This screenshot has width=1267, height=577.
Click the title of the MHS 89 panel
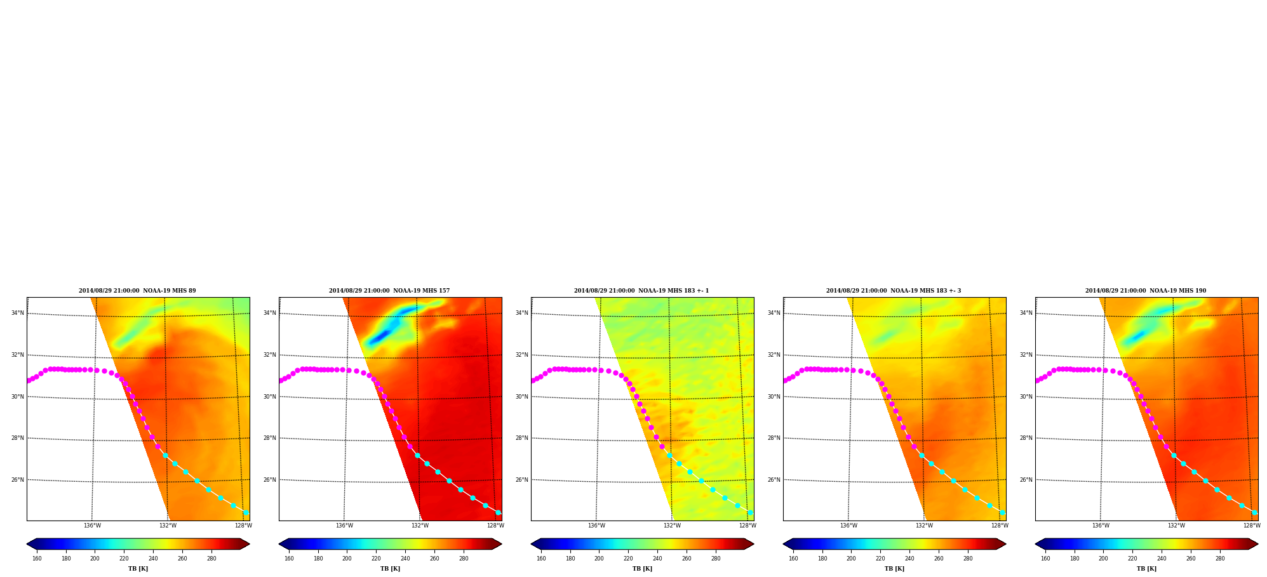point(137,291)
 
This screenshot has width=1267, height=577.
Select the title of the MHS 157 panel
point(389,291)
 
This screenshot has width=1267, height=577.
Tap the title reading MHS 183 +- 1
point(641,291)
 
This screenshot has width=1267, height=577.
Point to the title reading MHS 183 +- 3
point(894,291)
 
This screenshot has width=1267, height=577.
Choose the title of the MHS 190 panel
point(1146,291)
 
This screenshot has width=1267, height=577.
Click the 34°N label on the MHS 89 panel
point(17,313)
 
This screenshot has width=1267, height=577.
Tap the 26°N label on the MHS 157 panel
point(269,480)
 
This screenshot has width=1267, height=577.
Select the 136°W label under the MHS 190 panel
point(1101,526)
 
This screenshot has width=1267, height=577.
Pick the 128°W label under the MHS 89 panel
point(243,526)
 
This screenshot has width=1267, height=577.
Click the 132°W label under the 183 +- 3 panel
point(924,526)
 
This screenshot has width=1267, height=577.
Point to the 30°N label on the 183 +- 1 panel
point(521,397)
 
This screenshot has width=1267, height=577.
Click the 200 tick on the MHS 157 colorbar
point(347,559)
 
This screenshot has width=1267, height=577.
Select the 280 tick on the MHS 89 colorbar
point(211,559)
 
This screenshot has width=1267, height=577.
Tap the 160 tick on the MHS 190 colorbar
point(1045,559)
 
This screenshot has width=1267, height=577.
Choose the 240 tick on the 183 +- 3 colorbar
point(909,559)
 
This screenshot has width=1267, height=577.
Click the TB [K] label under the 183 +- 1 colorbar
point(642,569)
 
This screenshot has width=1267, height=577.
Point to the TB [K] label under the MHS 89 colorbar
point(138,569)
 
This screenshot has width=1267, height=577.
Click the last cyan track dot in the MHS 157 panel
point(498,512)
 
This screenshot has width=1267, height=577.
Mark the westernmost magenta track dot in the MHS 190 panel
point(1037,381)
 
